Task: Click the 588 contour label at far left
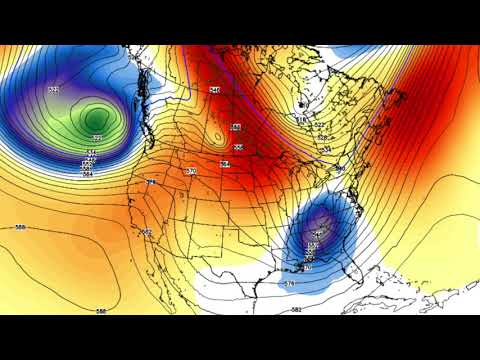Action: coord(20,227)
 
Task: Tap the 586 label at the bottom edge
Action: coord(101,311)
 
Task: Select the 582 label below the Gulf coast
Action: coord(296,310)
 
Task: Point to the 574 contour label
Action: coord(290,285)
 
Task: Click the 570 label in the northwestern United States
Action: coord(191,172)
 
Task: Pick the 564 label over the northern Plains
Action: coord(225,163)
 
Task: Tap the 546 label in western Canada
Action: coord(214,90)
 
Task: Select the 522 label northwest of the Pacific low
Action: coord(53,91)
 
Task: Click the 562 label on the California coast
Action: coord(147,232)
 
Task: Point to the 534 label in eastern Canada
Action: coord(326,149)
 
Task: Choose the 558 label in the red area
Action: coord(236,127)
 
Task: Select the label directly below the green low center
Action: coord(96,138)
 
